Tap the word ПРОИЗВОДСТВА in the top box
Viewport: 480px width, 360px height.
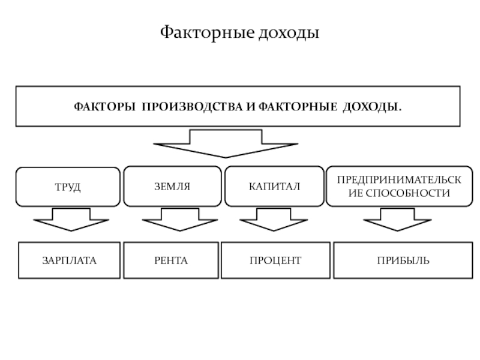coord(193,106)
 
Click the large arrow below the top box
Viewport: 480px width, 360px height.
coord(225,143)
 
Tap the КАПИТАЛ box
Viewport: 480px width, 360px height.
coord(274,187)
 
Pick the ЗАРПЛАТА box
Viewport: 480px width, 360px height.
coord(68,260)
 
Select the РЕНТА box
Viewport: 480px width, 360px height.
coord(171,260)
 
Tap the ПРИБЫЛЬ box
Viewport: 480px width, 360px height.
coord(394,260)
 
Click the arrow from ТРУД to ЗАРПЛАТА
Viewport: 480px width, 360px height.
coord(71,220)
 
